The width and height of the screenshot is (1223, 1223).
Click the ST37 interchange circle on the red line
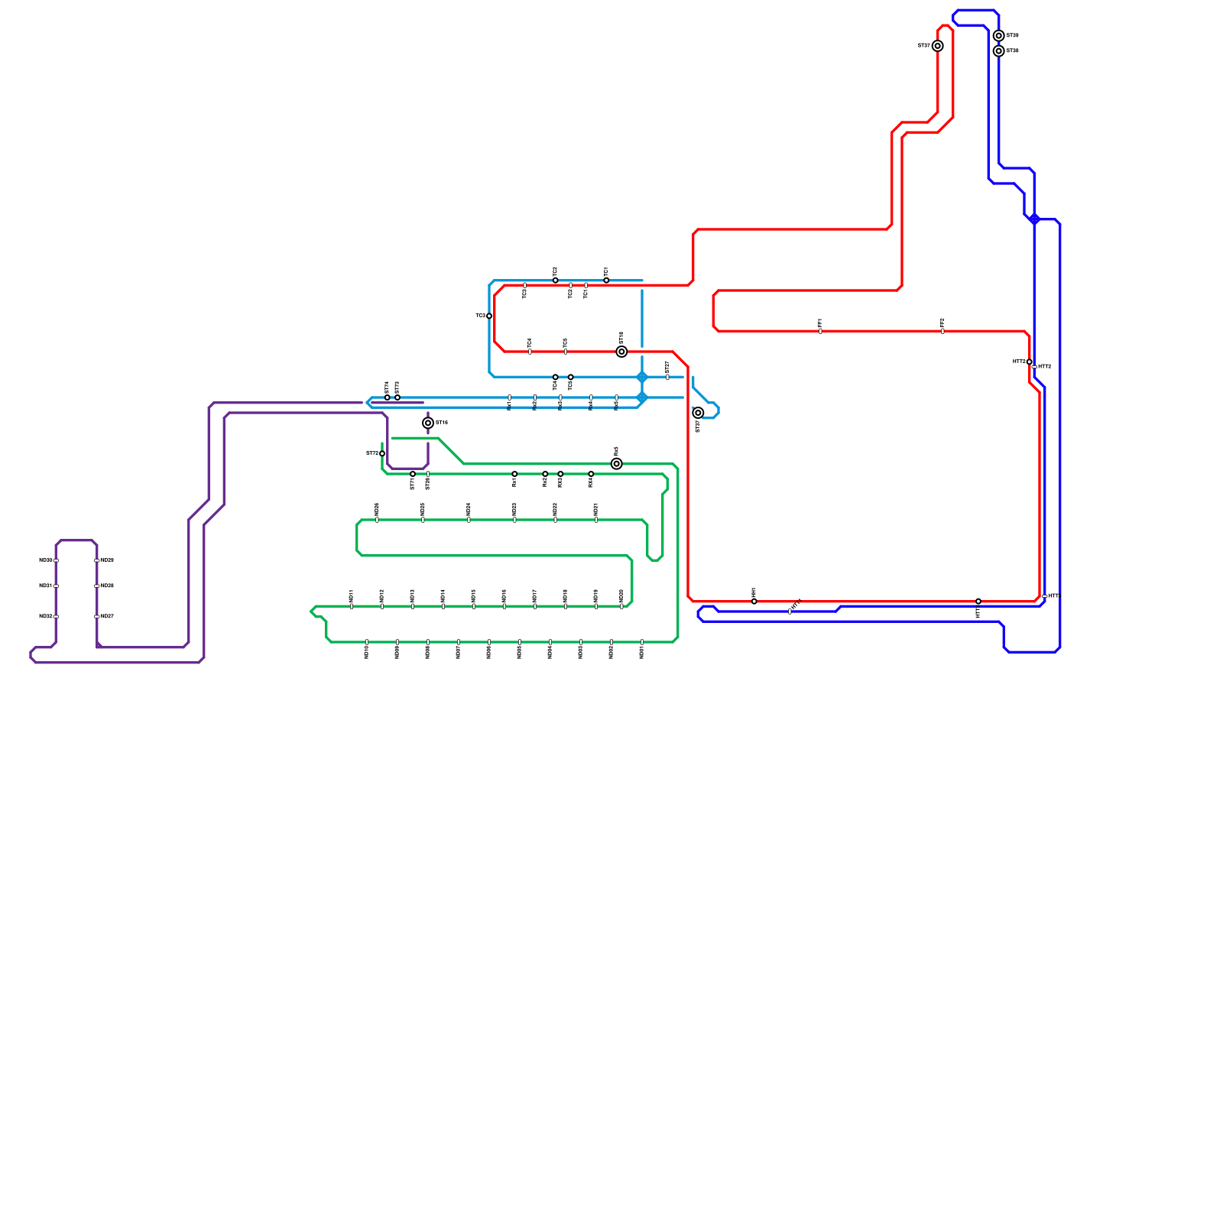[x=938, y=46]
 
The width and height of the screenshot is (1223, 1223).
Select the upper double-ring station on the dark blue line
[x=999, y=36]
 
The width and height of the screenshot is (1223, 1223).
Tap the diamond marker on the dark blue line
[x=1034, y=219]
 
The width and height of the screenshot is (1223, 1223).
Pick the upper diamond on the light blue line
[x=642, y=378]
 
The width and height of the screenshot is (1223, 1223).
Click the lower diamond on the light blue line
[x=642, y=397]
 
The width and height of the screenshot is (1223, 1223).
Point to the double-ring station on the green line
[x=617, y=464]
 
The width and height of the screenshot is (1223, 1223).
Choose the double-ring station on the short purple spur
[x=428, y=423]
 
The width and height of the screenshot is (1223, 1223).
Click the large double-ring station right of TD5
[x=621, y=352]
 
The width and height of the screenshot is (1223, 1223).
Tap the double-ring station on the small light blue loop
[x=698, y=413]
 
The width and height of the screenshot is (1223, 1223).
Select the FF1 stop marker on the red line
[x=820, y=331]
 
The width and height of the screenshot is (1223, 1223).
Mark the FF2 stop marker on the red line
[x=942, y=331]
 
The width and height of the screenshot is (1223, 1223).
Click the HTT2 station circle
[x=1030, y=362]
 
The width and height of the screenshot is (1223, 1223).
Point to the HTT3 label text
[x=1045, y=367]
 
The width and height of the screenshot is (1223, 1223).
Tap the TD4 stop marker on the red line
[x=530, y=352]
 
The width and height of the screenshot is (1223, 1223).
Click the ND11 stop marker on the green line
[x=352, y=606]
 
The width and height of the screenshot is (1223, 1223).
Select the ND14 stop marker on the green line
[x=443, y=606]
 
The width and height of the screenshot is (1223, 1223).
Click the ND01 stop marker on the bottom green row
[x=642, y=642]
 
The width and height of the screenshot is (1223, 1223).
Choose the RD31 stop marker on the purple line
[x=56, y=586]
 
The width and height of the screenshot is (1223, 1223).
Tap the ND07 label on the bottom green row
[x=459, y=653]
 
